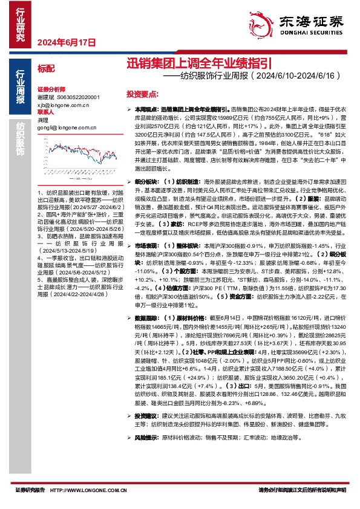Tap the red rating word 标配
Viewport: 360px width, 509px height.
45,68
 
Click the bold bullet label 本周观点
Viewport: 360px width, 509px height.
145,107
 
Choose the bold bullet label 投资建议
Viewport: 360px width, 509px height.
145,399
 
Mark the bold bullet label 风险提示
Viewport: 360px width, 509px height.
145,419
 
